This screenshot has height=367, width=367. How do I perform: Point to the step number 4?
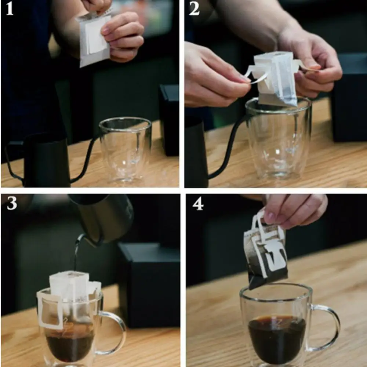[x=198, y=203]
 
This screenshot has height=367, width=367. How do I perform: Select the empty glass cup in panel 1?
[x=126, y=150]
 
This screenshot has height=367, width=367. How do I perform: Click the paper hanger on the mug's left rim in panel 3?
[x=50, y=310]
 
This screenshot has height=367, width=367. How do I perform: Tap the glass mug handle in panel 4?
[x=328, y=328]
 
